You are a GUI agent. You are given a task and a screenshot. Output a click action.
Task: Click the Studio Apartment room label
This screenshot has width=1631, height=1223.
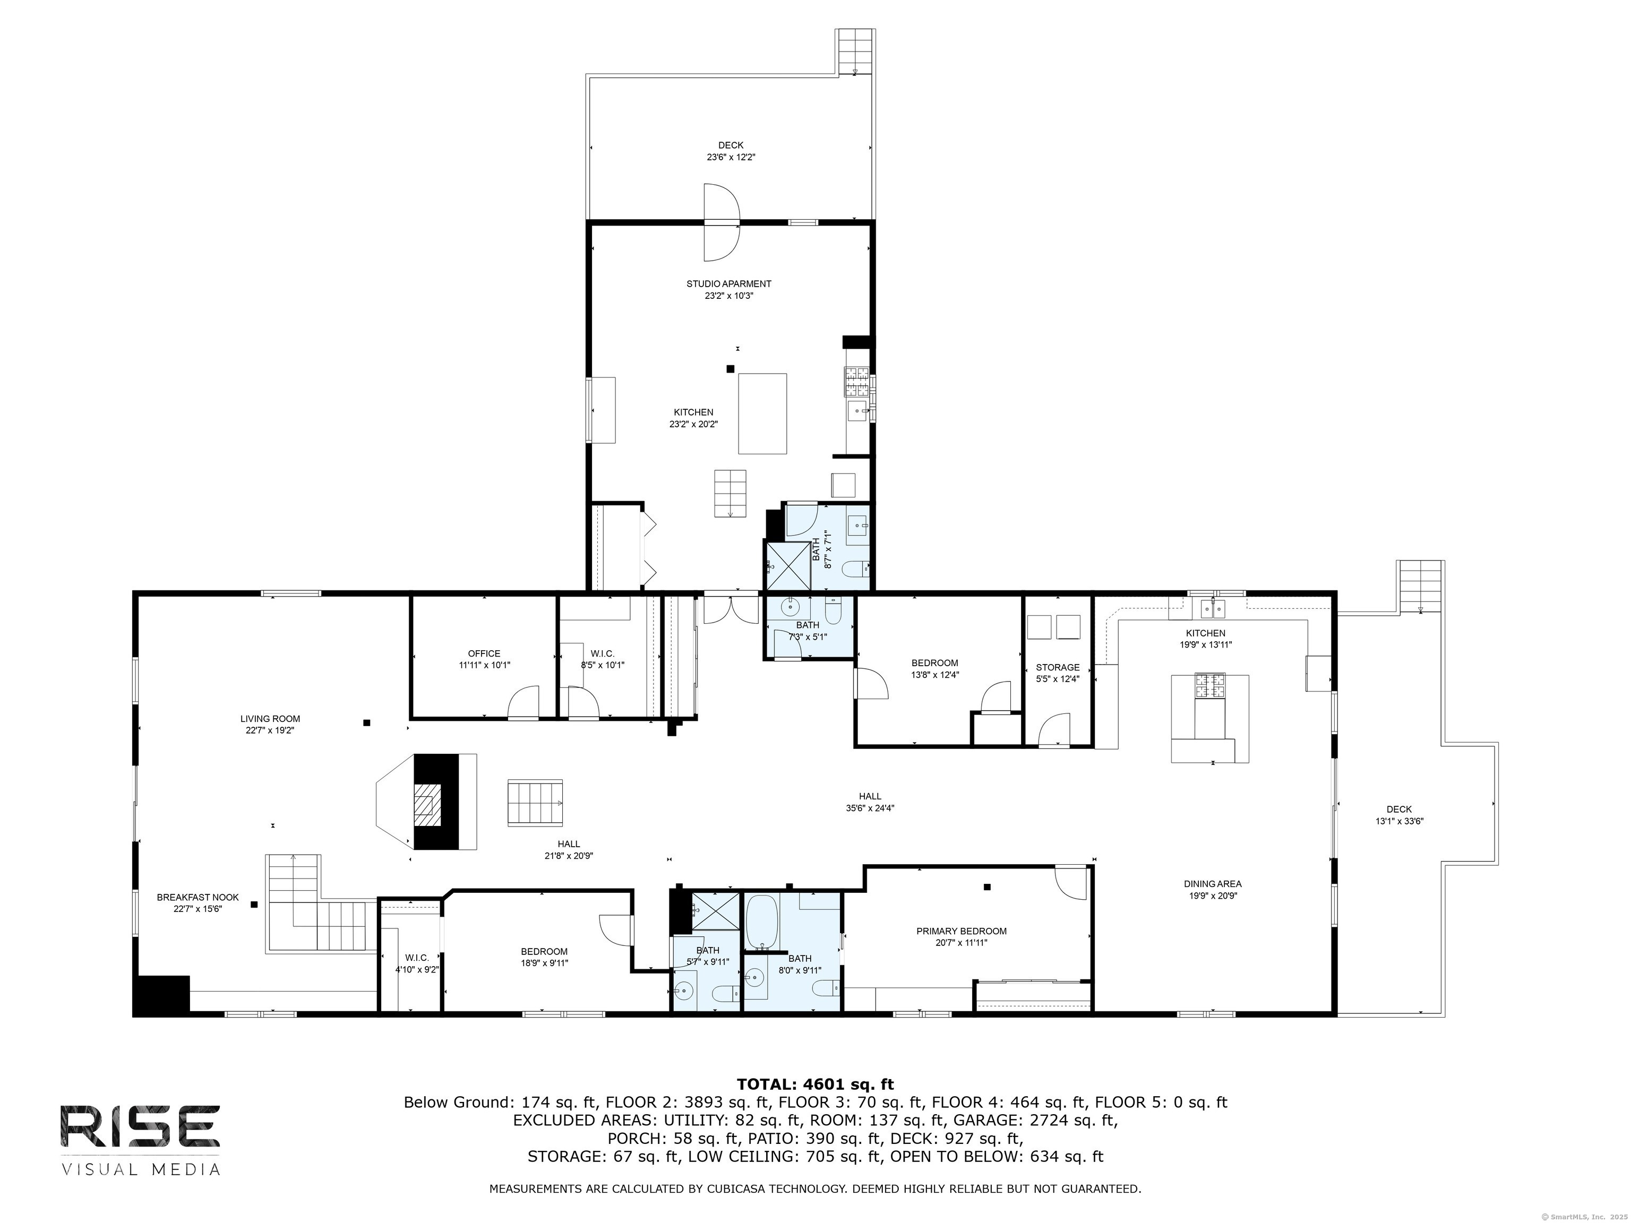pos(728,284)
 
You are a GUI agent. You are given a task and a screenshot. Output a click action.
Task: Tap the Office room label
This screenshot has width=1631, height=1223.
pos(484,653)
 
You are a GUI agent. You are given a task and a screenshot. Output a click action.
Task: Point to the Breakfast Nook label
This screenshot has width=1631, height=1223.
pos(198,897)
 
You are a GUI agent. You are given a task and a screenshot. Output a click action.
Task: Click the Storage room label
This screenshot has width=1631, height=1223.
pos(1058,667)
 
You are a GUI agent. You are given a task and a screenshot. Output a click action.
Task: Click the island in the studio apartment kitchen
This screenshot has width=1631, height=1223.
pos(762,414)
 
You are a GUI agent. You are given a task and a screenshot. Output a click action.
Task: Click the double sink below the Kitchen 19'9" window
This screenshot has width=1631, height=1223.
pos(1212,608)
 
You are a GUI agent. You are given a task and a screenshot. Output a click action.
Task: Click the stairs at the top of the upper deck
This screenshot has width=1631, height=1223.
pos(855,51)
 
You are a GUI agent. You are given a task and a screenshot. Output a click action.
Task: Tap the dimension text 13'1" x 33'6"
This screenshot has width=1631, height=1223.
pos(1399,821)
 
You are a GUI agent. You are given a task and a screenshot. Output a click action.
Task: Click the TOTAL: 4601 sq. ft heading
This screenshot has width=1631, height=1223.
pos(815,1084)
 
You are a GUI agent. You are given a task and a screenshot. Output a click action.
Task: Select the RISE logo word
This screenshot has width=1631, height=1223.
pos(140,1126)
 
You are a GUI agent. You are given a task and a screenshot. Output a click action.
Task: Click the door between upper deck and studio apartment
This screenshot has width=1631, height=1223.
pos(720,221)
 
